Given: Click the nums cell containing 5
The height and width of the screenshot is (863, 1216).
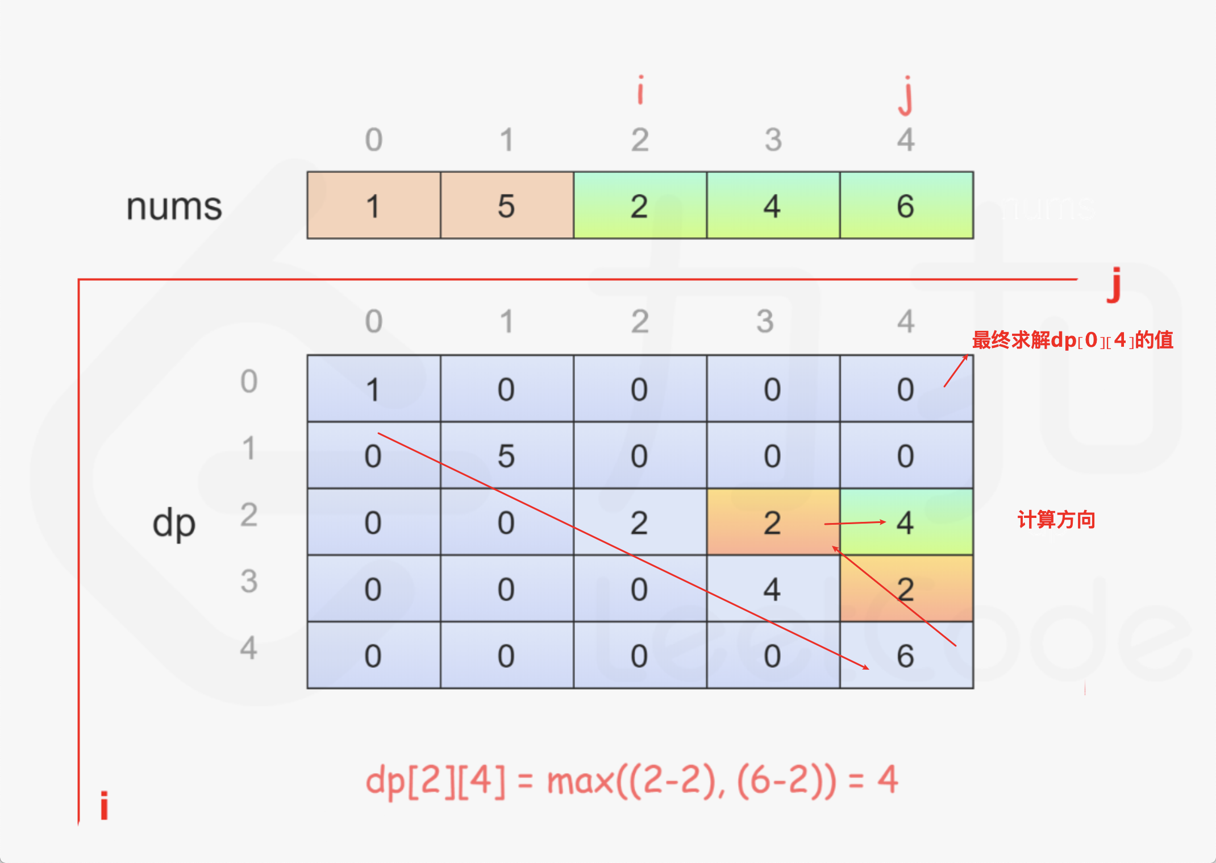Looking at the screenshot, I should click(507, 206).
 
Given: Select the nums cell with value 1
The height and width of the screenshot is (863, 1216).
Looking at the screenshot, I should click(374, 206).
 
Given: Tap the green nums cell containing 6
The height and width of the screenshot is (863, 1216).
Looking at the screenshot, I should click(906, 206).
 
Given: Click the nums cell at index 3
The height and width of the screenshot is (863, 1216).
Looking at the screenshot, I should click(773, 206).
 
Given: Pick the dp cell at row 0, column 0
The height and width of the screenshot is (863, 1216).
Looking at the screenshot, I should click(374, 389).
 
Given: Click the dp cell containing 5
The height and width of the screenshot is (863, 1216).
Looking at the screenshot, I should click(507, 455).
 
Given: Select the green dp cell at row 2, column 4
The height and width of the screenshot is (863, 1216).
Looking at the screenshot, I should click(906, 522).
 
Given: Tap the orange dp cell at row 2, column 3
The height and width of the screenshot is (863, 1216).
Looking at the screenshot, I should click(773, 522).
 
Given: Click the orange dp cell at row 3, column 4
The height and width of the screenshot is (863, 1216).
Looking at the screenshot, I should click(906, 588).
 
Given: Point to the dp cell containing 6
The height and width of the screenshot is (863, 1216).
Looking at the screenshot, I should click(906, 655).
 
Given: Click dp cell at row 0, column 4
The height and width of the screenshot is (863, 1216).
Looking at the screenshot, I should click(906, 389).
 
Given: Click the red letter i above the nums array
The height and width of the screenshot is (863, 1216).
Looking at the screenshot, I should click(640, 91).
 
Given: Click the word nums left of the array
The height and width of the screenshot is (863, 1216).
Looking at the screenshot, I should click(174, 206).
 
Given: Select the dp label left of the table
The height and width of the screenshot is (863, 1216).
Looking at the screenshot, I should click(174, 523).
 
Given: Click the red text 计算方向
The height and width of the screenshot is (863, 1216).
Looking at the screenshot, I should click(1056, 520).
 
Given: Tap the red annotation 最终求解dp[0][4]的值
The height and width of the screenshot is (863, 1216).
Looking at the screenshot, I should click(1072, 340).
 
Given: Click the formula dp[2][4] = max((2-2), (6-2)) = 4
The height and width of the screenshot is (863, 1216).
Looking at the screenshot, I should click(632, 780).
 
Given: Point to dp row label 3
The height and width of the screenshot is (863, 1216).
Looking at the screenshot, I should click(249, 581).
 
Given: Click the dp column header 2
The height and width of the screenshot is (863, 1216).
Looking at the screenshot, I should click(640, 322).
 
